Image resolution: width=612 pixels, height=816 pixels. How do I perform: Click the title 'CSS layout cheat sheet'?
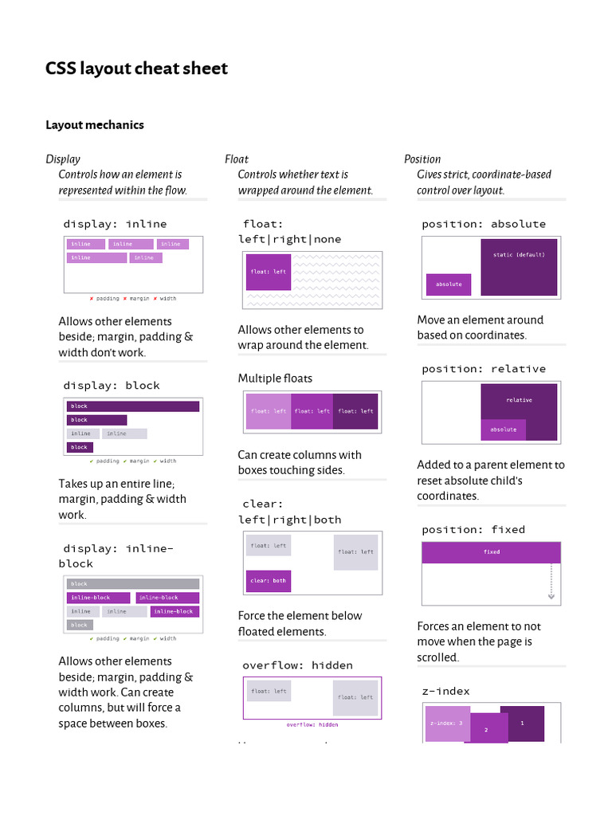136,69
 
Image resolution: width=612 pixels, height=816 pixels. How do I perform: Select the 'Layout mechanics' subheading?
95,124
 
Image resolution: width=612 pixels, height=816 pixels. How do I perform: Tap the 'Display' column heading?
63,159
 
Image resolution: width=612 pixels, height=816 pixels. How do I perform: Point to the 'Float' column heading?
237,159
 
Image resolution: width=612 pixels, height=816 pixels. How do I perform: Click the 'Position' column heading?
422,159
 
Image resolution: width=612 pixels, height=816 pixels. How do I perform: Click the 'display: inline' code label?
115,224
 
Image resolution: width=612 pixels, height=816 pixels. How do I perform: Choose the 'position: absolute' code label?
484,224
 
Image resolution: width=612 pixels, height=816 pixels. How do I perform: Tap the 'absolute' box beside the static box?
449,284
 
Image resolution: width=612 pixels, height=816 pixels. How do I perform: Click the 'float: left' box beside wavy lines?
269,272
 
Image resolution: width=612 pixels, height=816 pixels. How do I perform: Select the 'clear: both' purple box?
268,581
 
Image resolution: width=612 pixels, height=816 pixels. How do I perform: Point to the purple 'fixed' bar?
491,552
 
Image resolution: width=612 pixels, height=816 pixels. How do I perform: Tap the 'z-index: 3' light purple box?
446,723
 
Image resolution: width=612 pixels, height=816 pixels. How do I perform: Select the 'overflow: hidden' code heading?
297,665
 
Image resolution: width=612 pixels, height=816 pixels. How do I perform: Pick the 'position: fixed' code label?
473,529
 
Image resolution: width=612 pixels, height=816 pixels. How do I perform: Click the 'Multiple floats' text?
275,378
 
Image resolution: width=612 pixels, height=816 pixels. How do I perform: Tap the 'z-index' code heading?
445,691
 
